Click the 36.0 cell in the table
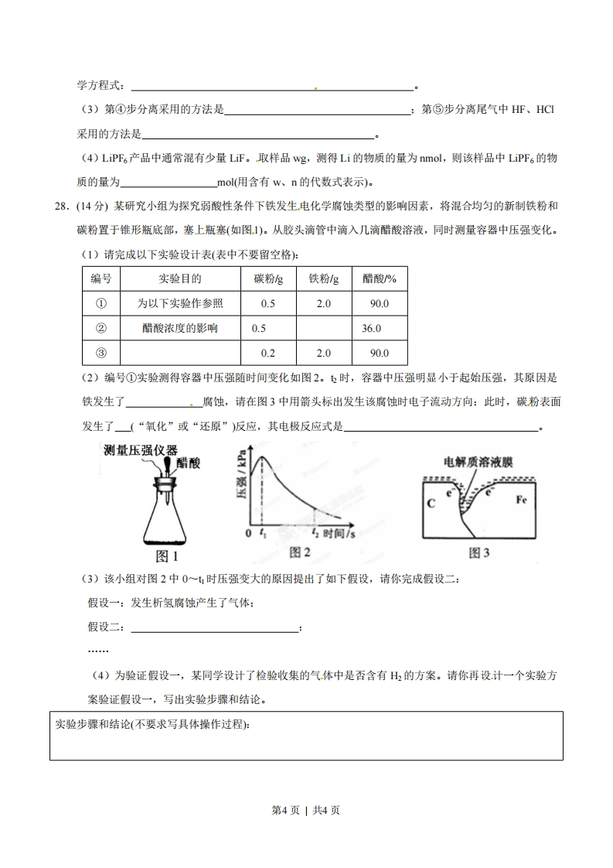(x=371, y=328)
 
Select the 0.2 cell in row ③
(x=268, y=353)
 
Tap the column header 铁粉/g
(x=324, y=279)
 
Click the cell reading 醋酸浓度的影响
(x=180, y=328)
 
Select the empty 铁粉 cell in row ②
(x=324, y=328)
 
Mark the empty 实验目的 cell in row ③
(x=180, y=353)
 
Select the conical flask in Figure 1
(x=169, y=518)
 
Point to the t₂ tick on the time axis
(x=315, y=533)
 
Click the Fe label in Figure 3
(x=523, y=499)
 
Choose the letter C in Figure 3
(x=431, y=504)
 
